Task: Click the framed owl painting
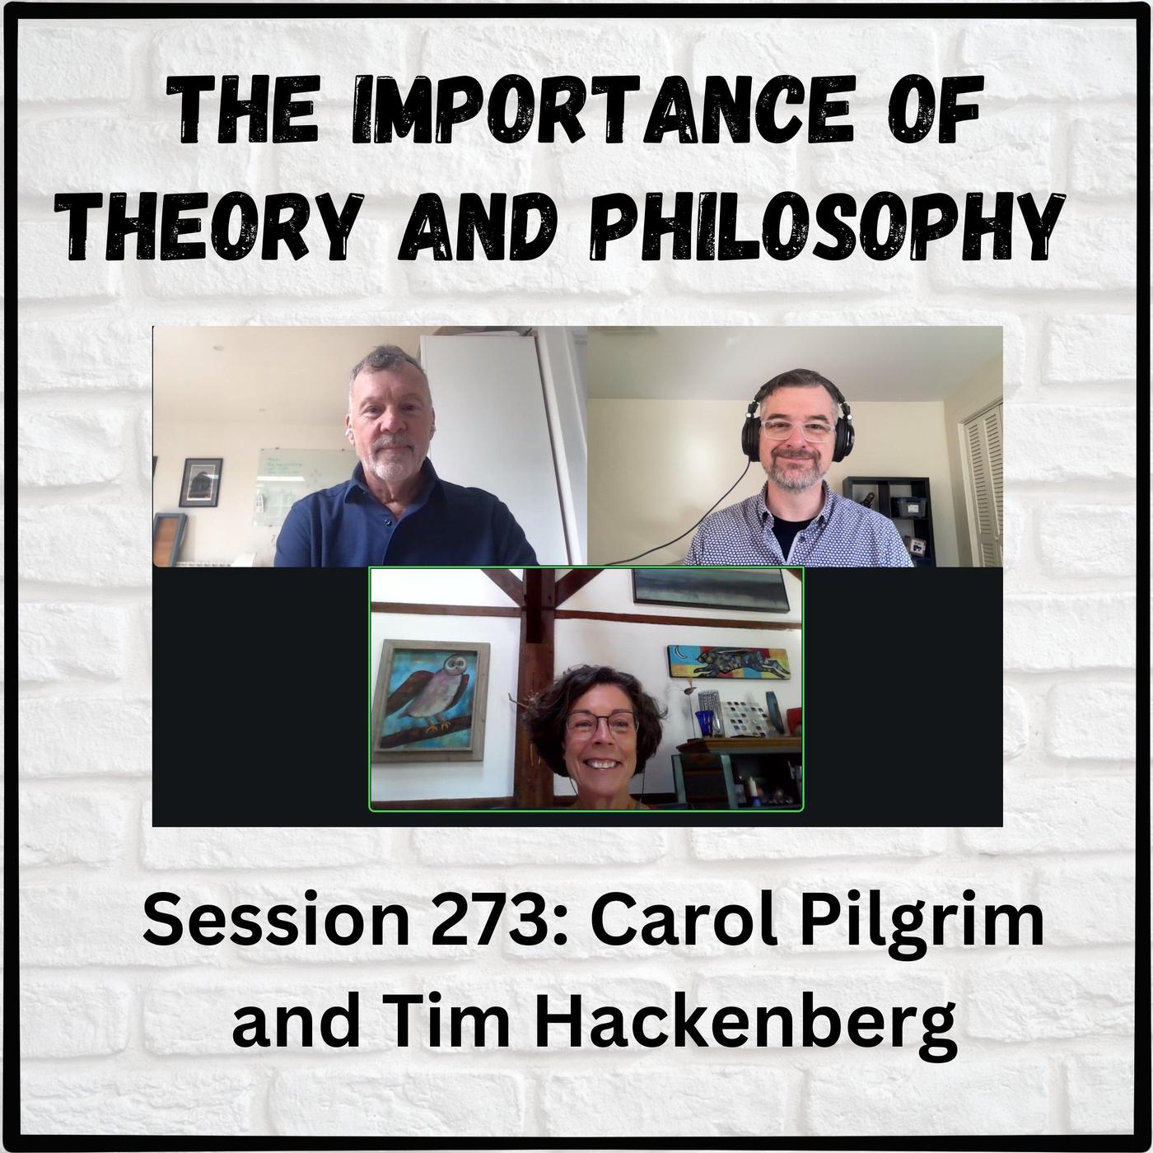(x=430, y=694)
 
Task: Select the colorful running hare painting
(x=728, y=662)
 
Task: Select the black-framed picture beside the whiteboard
(x=201, y=483)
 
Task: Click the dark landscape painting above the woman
(x=710, y=591)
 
